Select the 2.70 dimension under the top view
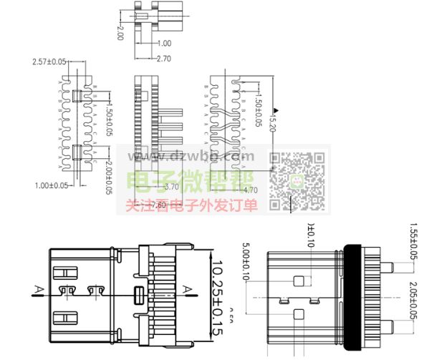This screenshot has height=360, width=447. tap(163, 58)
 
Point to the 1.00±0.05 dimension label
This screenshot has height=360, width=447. tap(51, 185)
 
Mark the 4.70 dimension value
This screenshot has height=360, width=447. tap(251, 190)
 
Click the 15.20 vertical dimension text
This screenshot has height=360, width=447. tap(271, 121)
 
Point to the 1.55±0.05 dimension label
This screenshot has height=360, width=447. tap(413, 243)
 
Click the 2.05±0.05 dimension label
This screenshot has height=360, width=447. tap(413, 301)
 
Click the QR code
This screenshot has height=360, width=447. tap(297, 182)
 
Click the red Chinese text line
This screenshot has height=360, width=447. tap(191, 205)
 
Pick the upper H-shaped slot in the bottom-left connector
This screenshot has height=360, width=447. tap(65, 273)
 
